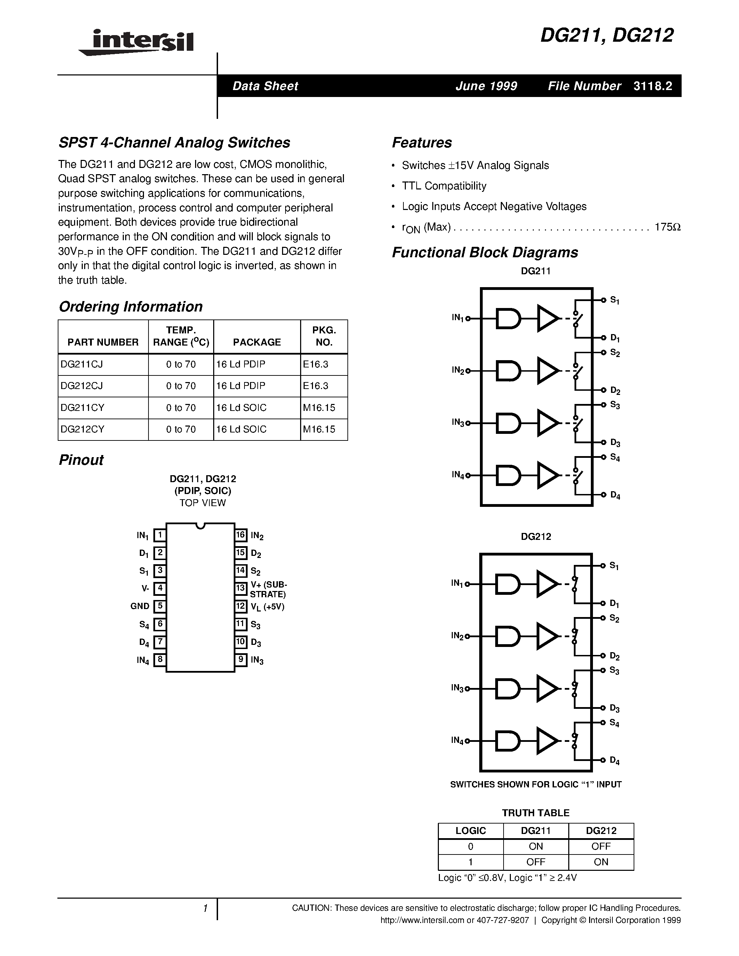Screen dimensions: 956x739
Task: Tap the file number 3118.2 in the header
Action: click(x=652, y=86)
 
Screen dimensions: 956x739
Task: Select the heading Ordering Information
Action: click(x=130, y=306)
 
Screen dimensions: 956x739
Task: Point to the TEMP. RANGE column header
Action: click(x=181, y=336)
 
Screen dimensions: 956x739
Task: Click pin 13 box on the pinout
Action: click(x=241, y=588)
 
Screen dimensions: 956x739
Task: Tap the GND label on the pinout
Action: click(x=140, y=606)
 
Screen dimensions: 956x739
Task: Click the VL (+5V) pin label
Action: click(x=267, y=607)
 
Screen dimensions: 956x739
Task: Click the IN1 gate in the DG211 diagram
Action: click(x=508, y=319)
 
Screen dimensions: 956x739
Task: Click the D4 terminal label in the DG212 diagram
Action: click(x=614, y=761)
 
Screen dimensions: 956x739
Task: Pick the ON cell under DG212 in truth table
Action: click(x=601, y=862)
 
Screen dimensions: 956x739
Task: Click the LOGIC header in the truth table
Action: click(x=471, y=831)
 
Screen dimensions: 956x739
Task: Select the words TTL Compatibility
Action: click(x=444, y=186)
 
